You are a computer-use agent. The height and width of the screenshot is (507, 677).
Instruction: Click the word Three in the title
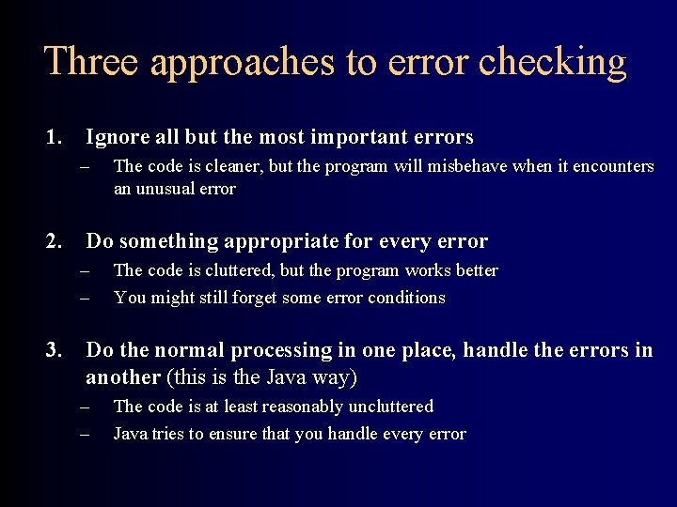[89, 62]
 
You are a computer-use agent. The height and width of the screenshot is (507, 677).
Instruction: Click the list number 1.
[54, 137]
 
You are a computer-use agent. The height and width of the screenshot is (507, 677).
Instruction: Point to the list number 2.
[54, 241]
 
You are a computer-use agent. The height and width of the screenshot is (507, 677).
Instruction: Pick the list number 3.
[54, 350]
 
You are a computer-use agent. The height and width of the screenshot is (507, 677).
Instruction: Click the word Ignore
[118, 137]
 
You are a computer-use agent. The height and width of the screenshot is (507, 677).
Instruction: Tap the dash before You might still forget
[84, 299]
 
